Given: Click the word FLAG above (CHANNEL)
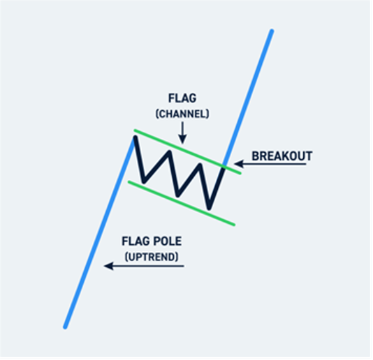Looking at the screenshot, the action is tap(182, 98).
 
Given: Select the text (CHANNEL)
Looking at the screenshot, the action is tap(182, 114).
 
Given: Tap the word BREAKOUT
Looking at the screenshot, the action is tap(282, 156).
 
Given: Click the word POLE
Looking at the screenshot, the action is tap(167, 241).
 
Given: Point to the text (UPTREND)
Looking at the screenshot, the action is tap(152, 257).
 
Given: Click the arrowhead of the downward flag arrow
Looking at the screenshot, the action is tap(182, 140).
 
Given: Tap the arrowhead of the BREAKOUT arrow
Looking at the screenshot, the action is tap(239, 164).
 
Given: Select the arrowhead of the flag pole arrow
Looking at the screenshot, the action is tap(108, 266).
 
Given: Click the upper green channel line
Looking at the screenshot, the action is tap(188, 151).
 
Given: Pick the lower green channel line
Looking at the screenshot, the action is tap(182, 203).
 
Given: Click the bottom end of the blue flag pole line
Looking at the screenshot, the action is tap(65, 327).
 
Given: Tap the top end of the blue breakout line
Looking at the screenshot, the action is tap(272, 31).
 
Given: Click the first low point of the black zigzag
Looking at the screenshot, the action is tap(143, 182).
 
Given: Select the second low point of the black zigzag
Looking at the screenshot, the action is tap(177, 195).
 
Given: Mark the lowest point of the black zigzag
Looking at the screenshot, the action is tap(209, 209).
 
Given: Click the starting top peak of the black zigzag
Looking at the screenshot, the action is tap(135, 137).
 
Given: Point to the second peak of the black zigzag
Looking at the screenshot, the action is tap(169, 151).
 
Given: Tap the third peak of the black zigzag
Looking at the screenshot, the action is tap(200, 165).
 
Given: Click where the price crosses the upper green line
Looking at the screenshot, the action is tap(224, 167).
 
